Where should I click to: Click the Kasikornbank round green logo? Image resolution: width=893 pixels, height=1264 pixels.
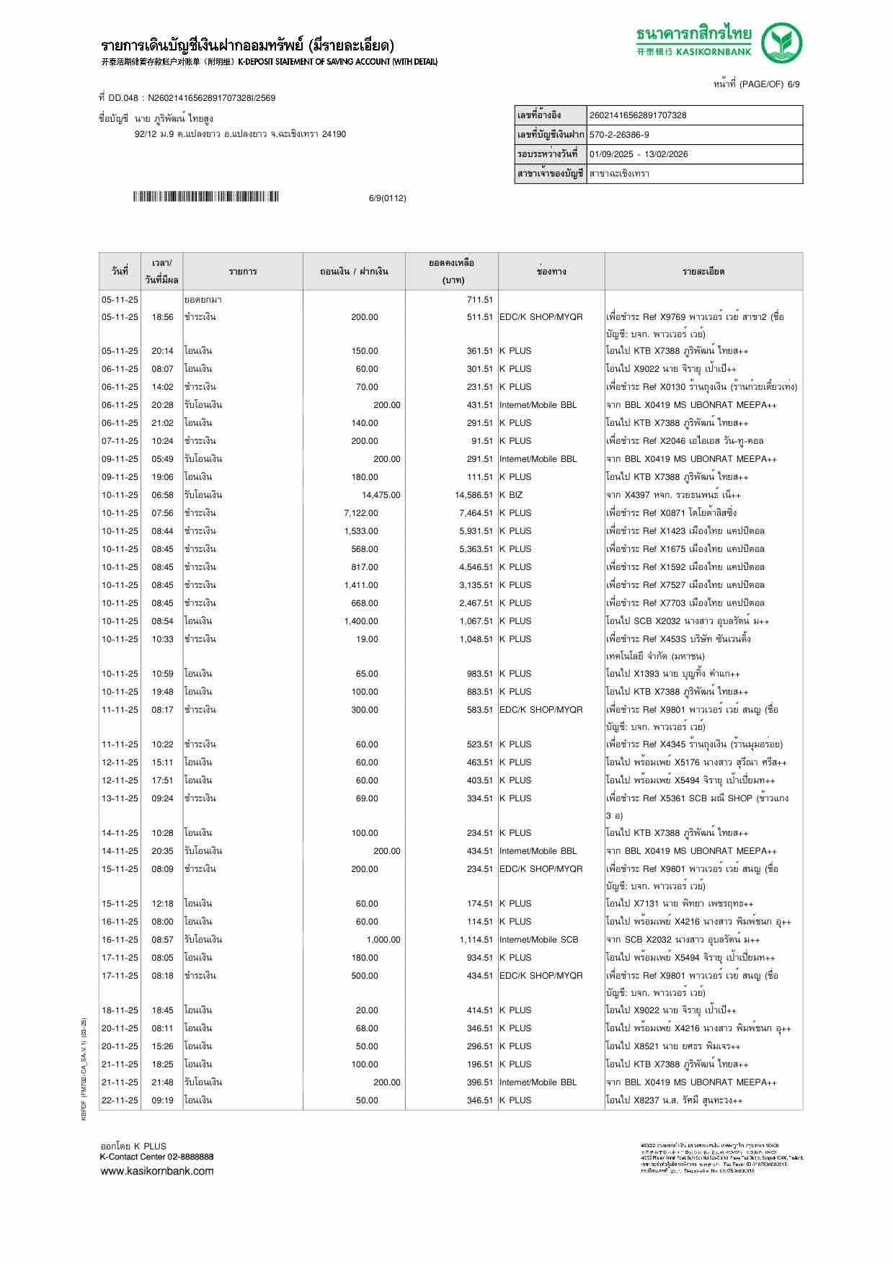point(782,43)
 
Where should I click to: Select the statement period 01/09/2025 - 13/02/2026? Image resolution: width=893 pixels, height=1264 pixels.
point(638,154)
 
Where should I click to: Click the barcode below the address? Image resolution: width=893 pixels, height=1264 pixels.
point(205,197)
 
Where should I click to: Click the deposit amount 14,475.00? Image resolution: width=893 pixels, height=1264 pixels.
point(381,495)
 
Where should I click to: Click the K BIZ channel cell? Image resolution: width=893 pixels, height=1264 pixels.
point(511,495)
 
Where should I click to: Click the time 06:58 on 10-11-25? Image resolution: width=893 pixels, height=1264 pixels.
point(162,495)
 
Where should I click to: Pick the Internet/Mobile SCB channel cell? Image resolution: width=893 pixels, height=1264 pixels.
point(538,940)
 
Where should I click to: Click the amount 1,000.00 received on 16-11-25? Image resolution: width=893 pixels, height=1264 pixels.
point(383,940)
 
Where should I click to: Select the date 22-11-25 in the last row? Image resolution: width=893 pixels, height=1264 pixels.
point(120,1100)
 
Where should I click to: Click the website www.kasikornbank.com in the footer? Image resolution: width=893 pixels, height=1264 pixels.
point(156,1171)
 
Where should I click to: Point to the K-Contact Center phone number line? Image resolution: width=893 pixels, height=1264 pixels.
point(156,1157)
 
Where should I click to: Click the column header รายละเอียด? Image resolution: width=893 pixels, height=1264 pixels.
point(703,272)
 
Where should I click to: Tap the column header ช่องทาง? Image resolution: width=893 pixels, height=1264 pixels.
point(551,272)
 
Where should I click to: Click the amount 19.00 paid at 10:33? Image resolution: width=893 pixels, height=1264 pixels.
point(367,639)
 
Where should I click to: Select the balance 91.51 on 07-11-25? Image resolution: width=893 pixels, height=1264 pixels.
point(481,441)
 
